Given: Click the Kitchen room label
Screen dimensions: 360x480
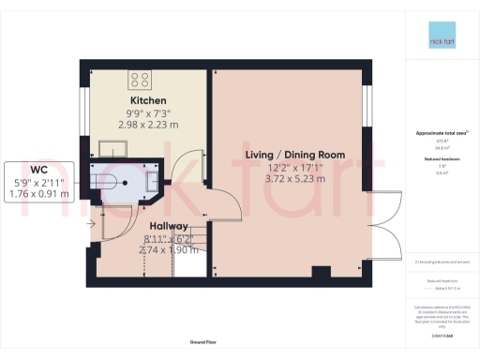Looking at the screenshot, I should (148, 100).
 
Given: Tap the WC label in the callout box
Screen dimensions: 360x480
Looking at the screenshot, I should (38, 170).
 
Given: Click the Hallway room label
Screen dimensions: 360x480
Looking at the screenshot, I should (169, 227).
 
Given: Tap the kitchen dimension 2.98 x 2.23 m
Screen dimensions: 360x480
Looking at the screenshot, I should (148, 125).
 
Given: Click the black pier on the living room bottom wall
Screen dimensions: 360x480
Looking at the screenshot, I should (321, 272).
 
